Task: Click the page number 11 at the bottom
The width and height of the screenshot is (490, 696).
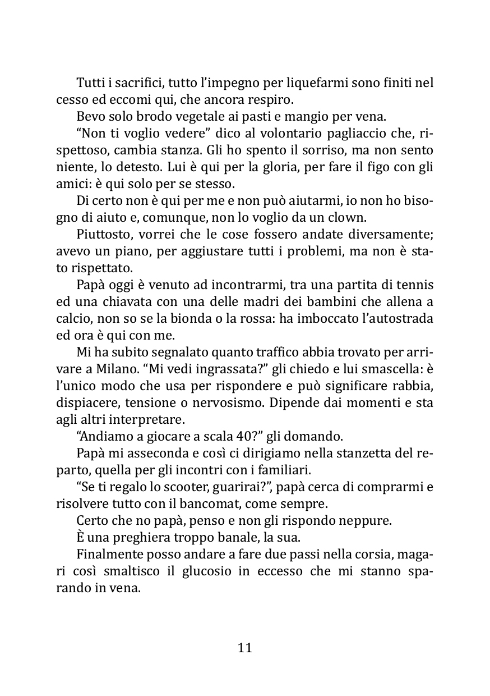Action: [245, 648]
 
